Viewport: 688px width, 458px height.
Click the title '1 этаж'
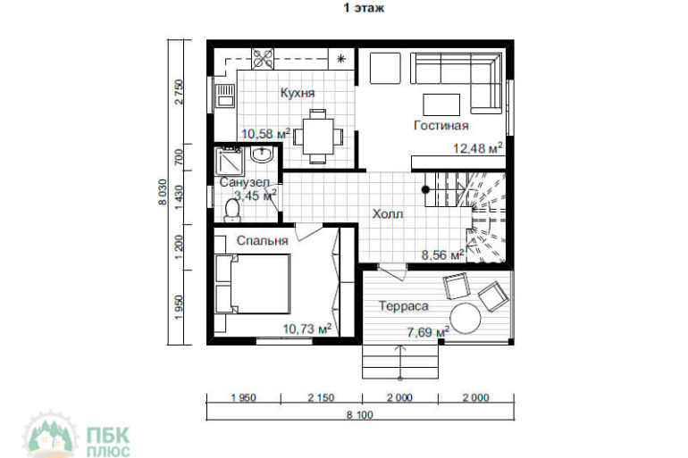[364, 8]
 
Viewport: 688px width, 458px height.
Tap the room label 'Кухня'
[298, 93]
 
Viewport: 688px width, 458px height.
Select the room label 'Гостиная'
[441, 125]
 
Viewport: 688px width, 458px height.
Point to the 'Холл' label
[388, 214]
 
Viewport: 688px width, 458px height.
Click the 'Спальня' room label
[262, 241]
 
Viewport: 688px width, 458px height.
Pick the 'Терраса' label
[403, 306]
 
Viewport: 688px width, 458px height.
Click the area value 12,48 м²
[478, 148]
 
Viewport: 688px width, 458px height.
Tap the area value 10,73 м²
[307, 329]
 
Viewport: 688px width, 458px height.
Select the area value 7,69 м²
[428, 332]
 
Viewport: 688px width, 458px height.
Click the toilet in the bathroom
[232, 210]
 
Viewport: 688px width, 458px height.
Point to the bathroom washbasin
[262, 154]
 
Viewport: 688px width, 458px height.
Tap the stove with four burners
[263, 59]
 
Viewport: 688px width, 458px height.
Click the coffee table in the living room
[441, 104]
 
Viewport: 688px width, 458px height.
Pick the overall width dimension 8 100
[360, 414]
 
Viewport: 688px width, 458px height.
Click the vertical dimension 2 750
[179, 92]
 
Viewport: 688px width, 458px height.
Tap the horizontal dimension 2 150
[321, 398]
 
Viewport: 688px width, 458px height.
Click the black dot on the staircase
[425, 189]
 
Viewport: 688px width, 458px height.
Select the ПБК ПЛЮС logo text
[108, 442]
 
